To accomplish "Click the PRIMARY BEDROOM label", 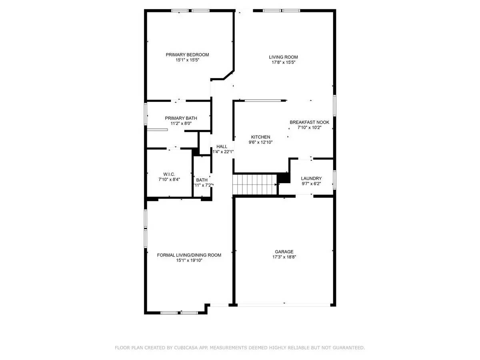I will pyautogui.click(x=187, y=55).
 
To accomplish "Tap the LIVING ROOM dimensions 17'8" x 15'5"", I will pyautogui.click(x=283, y=62).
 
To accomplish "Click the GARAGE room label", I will pyautogui.click(x=283, y=252).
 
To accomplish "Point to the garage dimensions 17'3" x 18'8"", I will pyautogui.click(x=283, y=257).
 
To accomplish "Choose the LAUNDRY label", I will pyautogui.click(x=311, y=178).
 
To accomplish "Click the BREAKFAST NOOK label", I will pyautogui.click(x=309, y=122).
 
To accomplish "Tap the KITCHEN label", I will pyautogui.click(x=260, y=137).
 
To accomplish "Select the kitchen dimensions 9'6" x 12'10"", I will pyautogui.click(x=260, y=142).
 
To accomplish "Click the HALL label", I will pyautogui.click(x=222, y=146).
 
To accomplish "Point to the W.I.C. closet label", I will pyautogui.click(x=169, y=174).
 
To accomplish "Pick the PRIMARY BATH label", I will pyautogui.click(x=181, y=118).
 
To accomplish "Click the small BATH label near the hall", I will pyautogui.click(x=202, y=180).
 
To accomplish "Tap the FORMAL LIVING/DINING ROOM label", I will pyautogui.click(x=189, y=255).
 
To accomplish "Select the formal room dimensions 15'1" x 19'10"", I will pyautogui.click(x=189, y=260).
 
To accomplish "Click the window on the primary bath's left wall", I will pyautogui.click(x=146, y=114).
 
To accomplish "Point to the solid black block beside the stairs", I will pyautogui.click(x=284, y=177).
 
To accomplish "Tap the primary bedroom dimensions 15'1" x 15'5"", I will pyautogui.click(x=187, y=60).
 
